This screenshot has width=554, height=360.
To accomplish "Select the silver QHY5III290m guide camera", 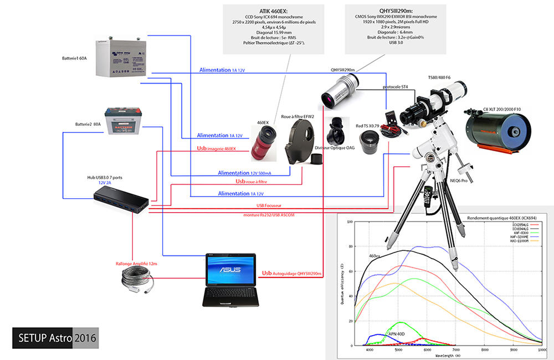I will [339, 89].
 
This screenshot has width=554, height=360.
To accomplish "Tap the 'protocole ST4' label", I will [395, 87].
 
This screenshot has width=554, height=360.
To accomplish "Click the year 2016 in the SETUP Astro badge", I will [85, 337].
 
